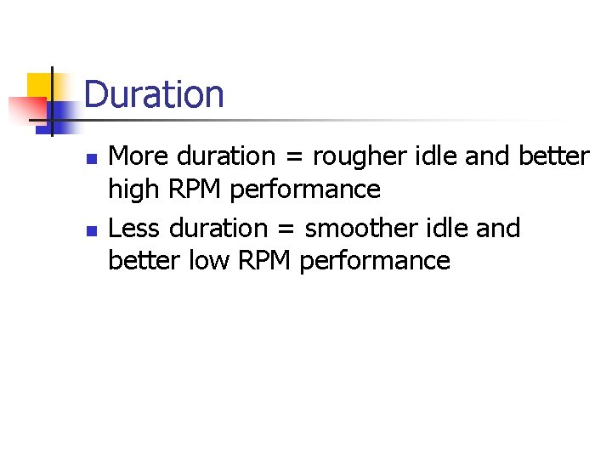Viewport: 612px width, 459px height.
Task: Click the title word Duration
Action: click(154, 94)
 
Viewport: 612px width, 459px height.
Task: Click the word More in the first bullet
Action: click(140, 156)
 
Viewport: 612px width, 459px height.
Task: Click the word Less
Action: click(136, 229)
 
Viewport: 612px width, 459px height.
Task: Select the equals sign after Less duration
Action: click(286, 229)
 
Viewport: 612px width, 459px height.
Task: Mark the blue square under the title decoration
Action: click(61, 113)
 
